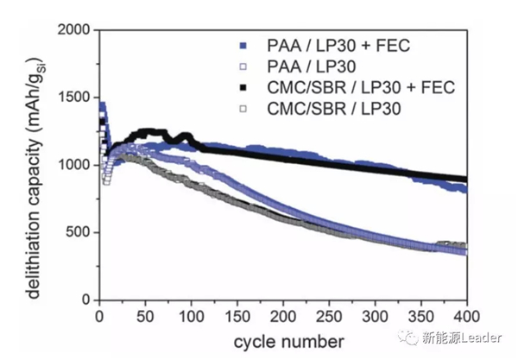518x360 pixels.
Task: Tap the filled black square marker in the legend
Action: point(245,86)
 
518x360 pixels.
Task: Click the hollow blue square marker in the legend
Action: point(245,66)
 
